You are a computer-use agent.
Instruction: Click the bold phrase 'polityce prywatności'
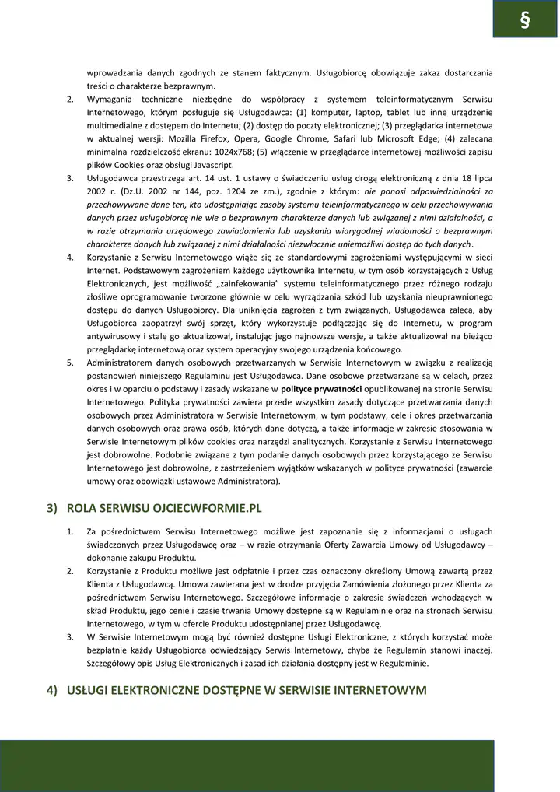point(321,389)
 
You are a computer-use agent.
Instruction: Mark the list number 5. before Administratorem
point(70,363)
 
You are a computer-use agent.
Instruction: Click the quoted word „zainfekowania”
point(242,283)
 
